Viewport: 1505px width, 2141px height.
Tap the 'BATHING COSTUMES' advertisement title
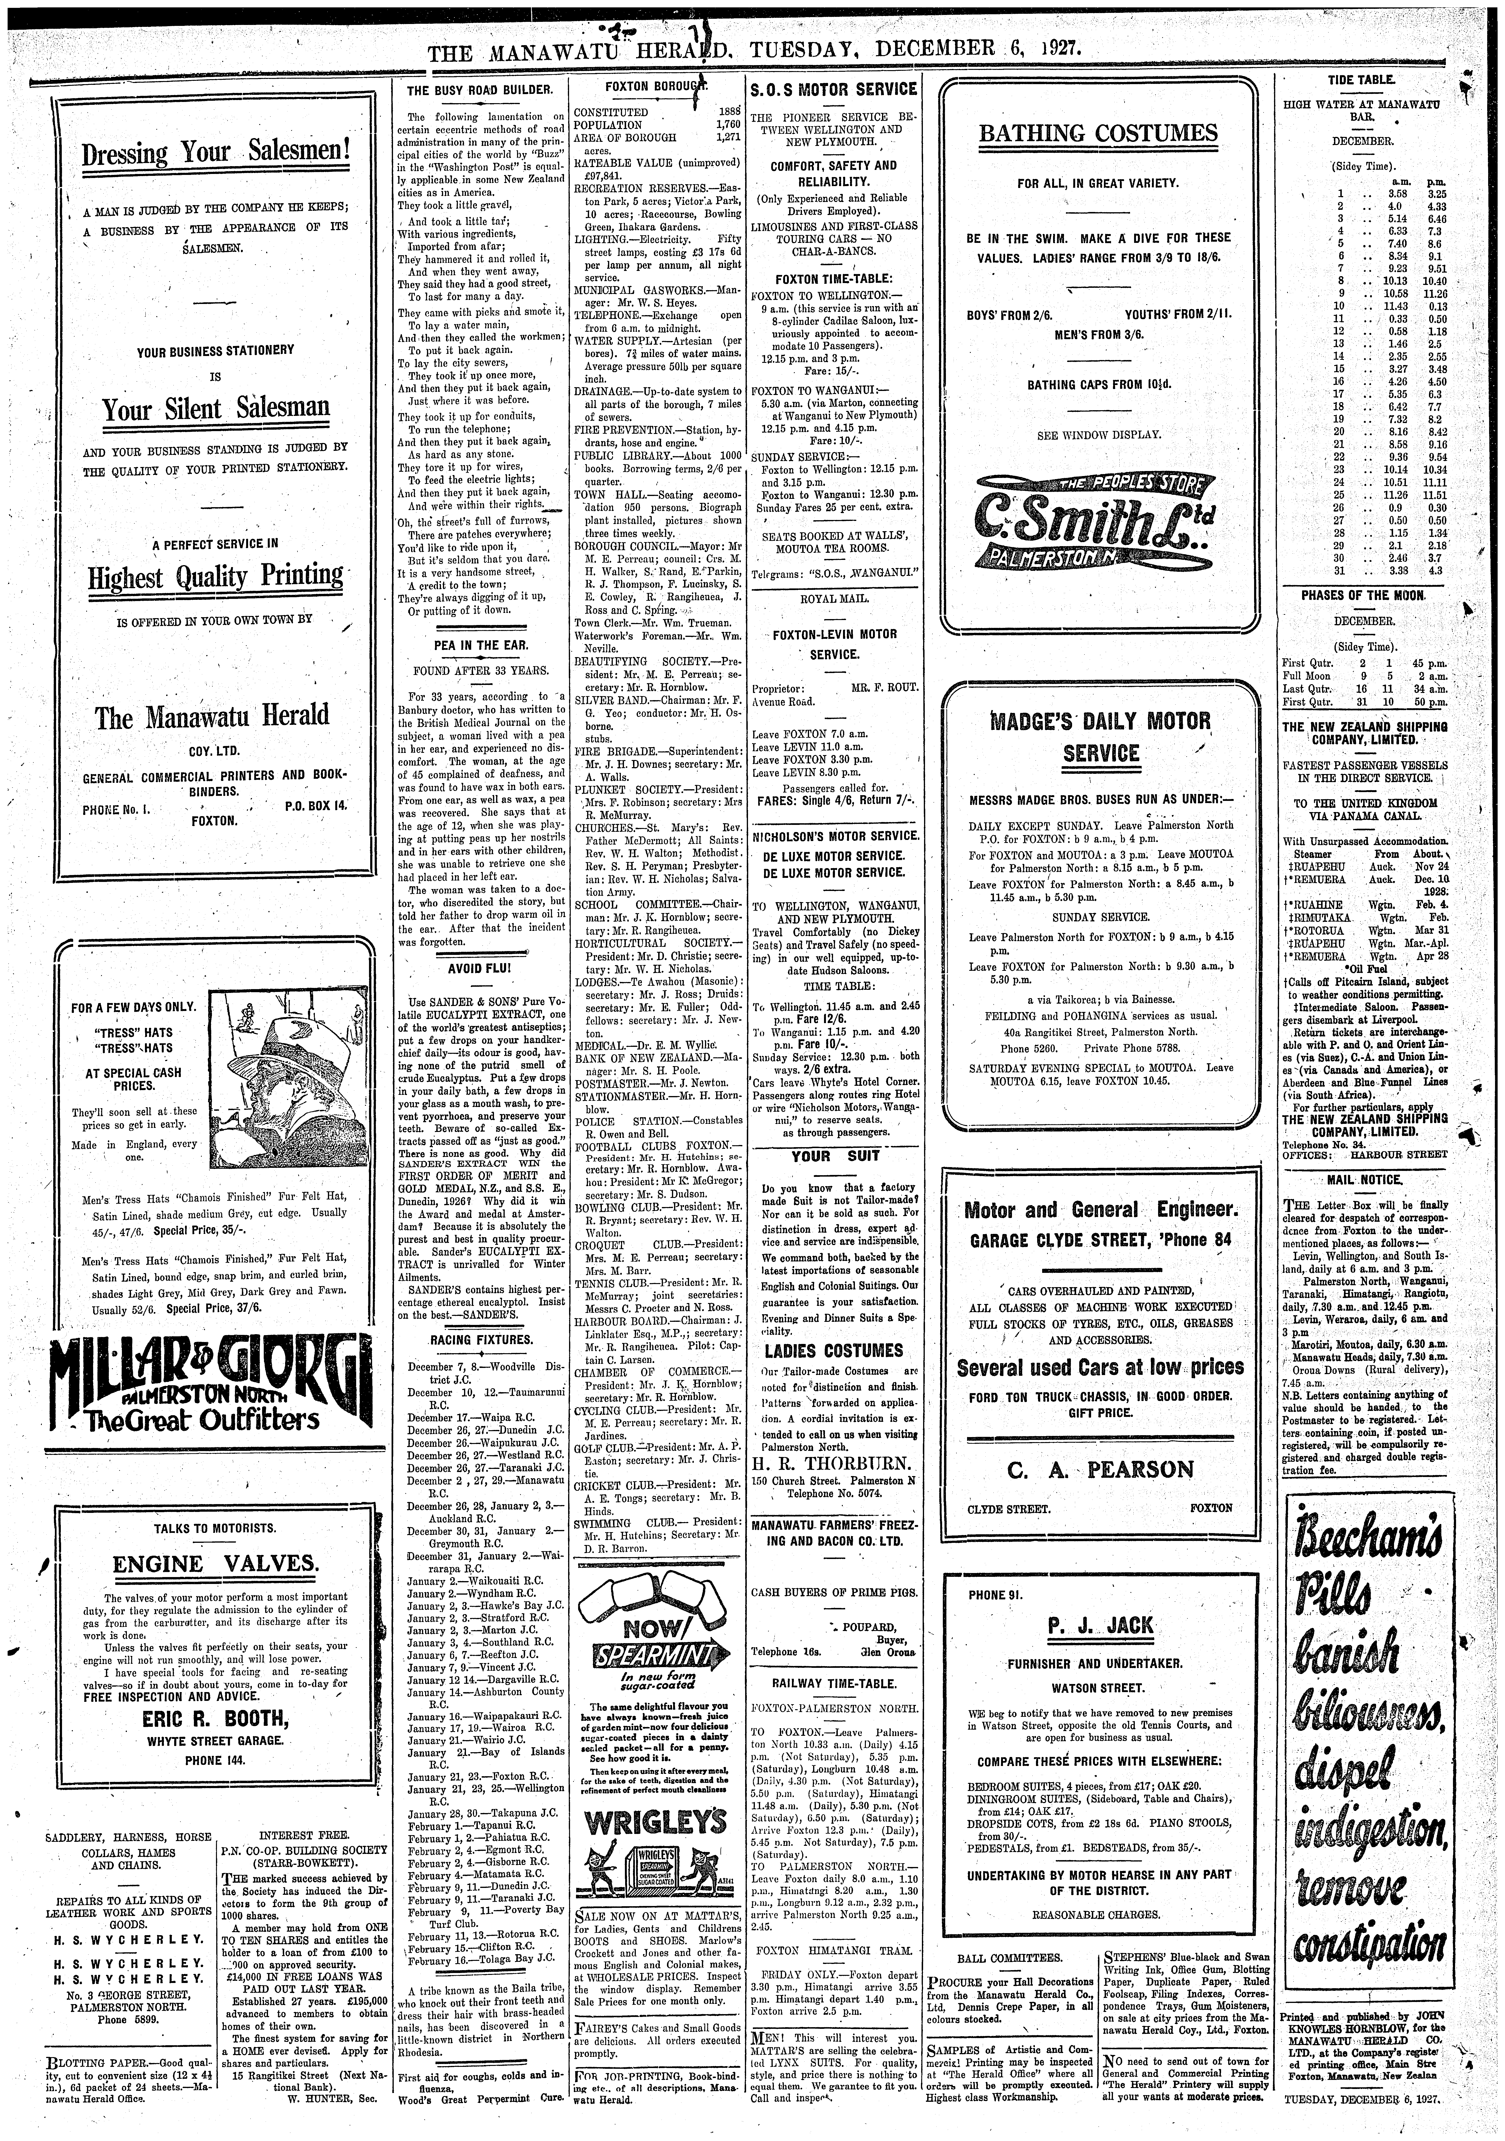click(x=1098, y=133)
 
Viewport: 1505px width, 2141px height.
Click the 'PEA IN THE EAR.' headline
click(x=481, y=644)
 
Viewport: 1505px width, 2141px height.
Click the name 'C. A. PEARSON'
click(x=1100, y=1470)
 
